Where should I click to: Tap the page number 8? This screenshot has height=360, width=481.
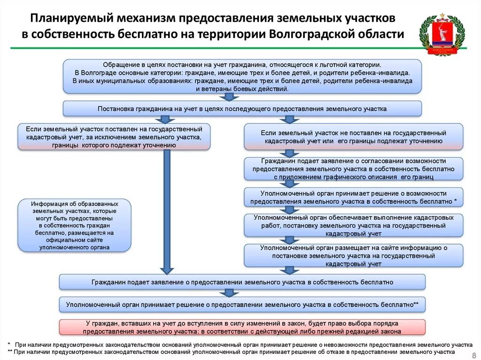point(473,355)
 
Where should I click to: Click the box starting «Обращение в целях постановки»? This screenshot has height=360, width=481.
point(242,77)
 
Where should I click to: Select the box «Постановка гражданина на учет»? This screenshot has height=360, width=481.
point(242,108)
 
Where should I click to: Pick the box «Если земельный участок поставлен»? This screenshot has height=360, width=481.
point(114,137)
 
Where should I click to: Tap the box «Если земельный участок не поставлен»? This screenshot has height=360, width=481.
point(353,137)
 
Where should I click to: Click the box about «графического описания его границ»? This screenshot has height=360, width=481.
point(353,169)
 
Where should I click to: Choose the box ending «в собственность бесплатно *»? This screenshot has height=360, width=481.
point(353,197)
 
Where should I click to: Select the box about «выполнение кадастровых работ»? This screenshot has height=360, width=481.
point(353,225)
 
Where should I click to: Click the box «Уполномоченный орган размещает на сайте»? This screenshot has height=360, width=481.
point(353,256)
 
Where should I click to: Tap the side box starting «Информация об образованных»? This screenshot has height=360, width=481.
point(75,225)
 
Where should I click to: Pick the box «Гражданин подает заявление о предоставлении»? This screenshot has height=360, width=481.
point(242,282)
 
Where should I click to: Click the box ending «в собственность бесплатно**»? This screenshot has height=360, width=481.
point(242,304)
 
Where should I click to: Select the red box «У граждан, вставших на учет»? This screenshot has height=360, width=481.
point(242,327)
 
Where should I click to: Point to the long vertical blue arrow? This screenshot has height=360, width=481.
point(167,211)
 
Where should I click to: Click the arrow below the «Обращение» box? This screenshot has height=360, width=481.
point(229,97)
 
